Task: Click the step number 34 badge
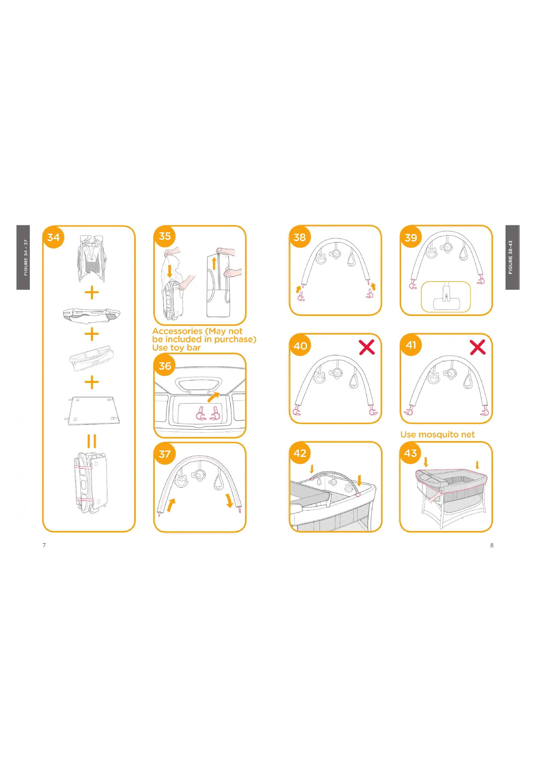tap(53, 237)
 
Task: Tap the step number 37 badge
tap(165, 454)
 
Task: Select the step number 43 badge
tap(411, 453)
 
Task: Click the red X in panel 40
tap(367, 347)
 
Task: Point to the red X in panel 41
tap(478, 347)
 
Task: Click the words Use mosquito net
tap(437, 435)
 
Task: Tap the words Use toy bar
tap(176, 348)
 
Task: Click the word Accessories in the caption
tap(177, 331)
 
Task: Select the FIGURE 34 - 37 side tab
tap(23, 258)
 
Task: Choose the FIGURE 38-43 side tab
tap(513, 258)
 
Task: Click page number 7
tap(44, 545)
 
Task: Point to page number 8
tap(492, 545)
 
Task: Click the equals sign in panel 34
tap(92, 441)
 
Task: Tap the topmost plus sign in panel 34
tap(92, 293)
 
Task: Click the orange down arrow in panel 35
tap(169, 271)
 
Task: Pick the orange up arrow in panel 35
tap(214, 263)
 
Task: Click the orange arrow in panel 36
tap(214, 397)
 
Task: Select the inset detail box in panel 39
tap(446, 297)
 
